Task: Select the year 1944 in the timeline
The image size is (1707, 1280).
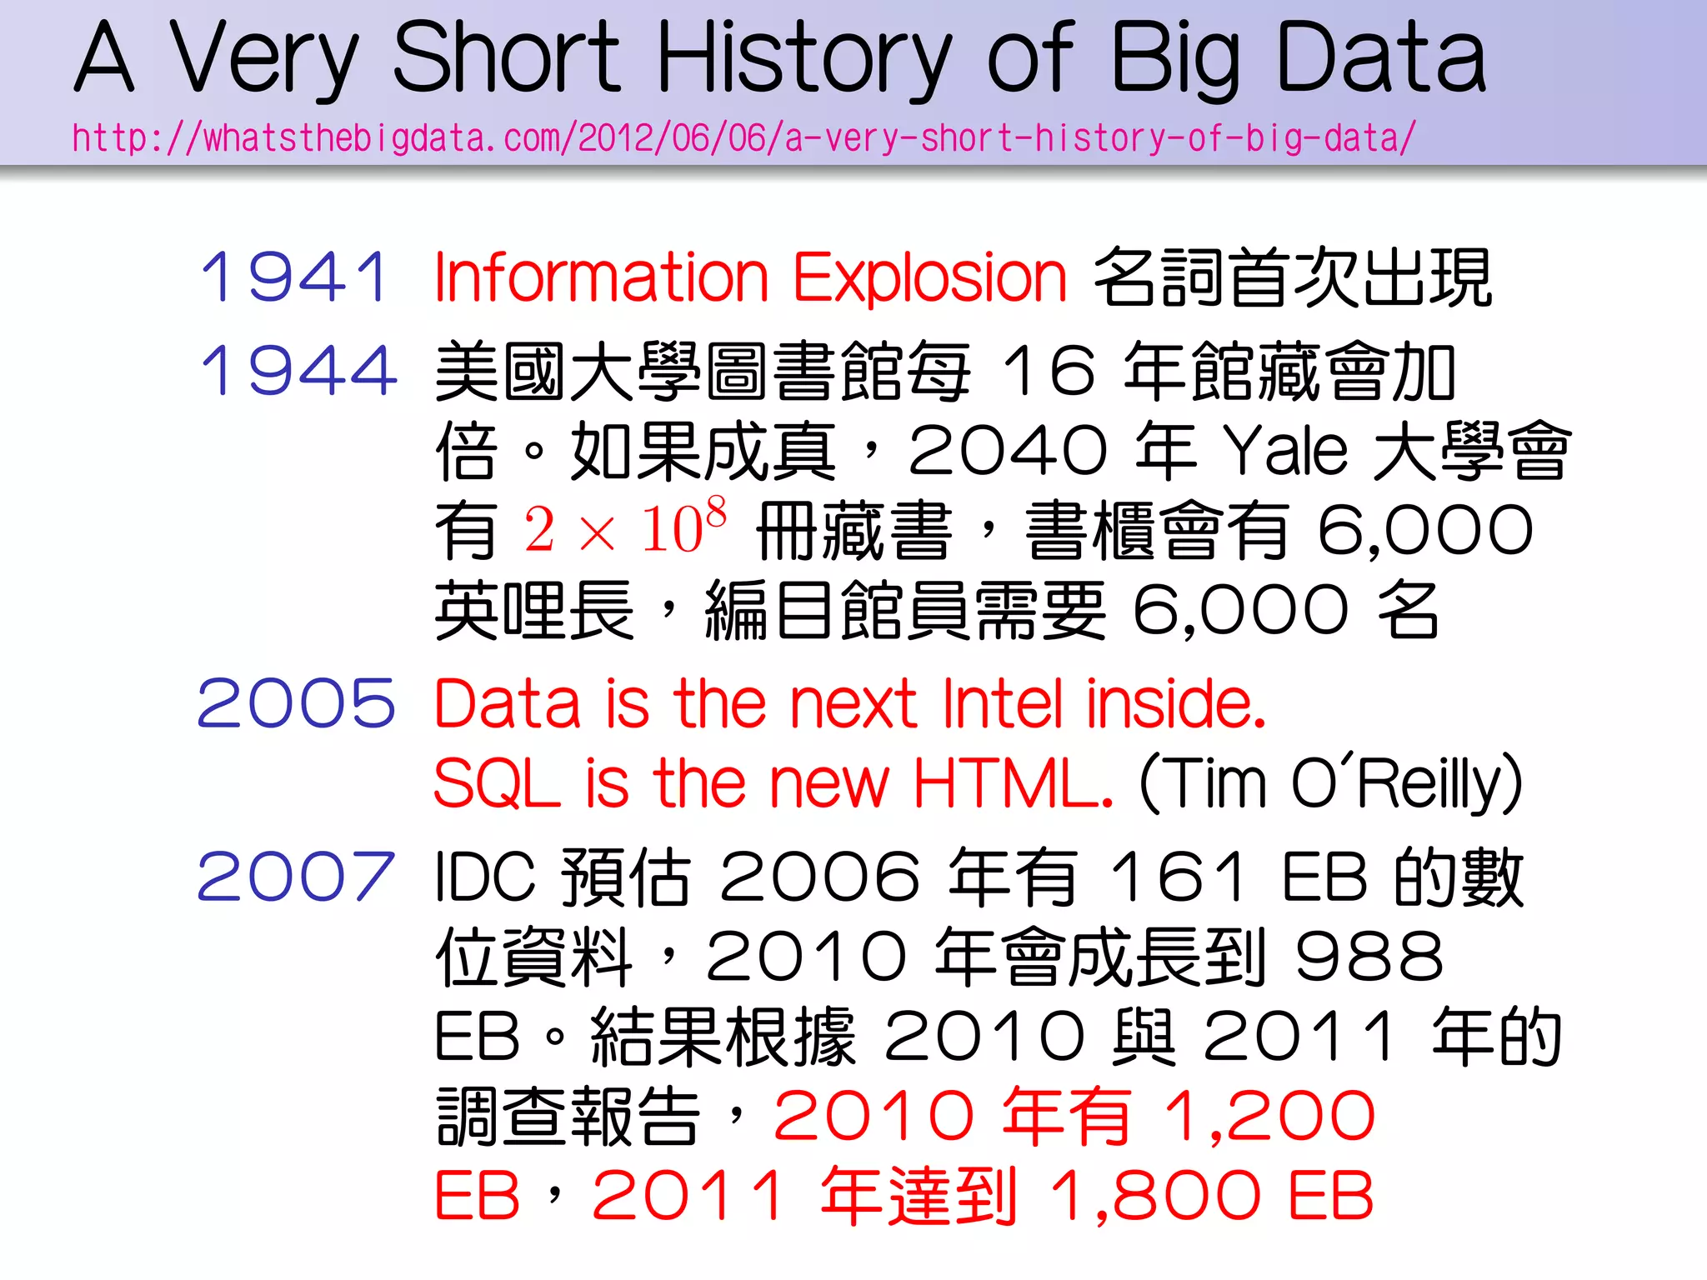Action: [298, 370]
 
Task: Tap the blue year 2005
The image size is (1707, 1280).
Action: [296, 703]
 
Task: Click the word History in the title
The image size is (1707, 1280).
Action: [804, 58]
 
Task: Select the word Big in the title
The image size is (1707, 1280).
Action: [1175, 58]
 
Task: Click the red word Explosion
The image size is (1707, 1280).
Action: [929, 277]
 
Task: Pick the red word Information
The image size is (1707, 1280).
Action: [600, 277]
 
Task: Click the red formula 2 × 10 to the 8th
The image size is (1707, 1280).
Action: [625, 528]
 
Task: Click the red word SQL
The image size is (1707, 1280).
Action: [497, 783]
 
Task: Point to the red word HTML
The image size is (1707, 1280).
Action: [1013, 783]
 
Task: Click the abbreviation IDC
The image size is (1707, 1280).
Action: [484, 877]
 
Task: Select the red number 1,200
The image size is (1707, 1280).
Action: [1269, 1115]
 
